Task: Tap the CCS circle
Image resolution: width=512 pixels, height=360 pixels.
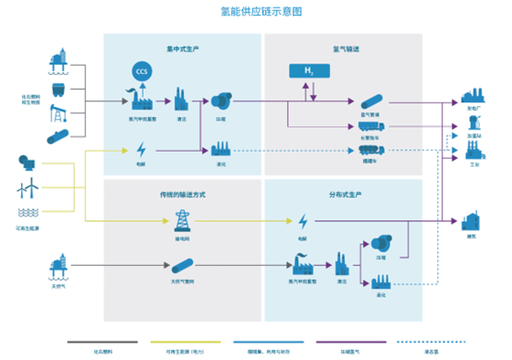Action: (x=141, y=70)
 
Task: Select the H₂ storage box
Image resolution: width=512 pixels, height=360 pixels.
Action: (x=307, y=70)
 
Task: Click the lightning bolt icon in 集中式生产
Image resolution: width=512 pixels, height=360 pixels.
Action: (x=141, y=149)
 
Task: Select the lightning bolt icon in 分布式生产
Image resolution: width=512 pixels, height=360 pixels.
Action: (x=303, y=221)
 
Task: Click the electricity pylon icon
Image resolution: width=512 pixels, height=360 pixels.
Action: (x=181, y=220)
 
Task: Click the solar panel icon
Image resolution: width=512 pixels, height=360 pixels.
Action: (x=27, y=164)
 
